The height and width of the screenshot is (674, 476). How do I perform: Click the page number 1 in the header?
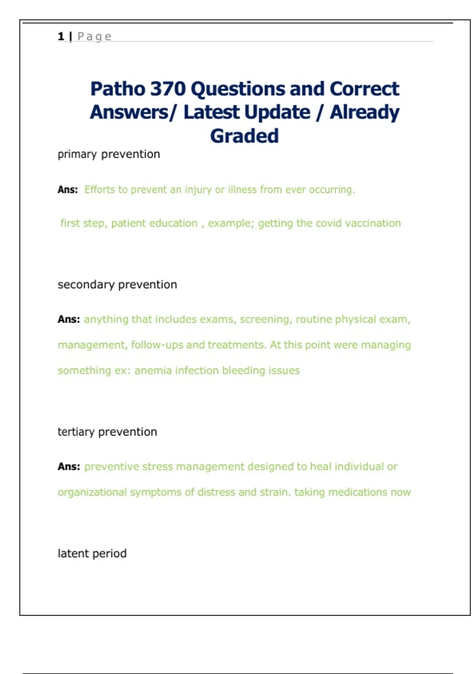pos(61,36)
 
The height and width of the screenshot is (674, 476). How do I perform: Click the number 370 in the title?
pos(168,88)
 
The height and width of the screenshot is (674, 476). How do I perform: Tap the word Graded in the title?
pos(244,136)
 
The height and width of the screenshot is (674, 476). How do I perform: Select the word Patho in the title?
pos(117,88)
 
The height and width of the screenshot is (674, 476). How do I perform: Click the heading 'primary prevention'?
pos(109,154)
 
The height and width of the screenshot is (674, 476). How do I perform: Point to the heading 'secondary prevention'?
pos(117,285)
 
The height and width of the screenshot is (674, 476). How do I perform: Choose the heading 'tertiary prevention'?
pos(107,432)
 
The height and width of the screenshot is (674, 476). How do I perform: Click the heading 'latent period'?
pos(92,553)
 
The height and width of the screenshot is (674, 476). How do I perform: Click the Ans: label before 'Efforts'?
pos(67,190)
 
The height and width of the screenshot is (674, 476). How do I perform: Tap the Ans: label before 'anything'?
pos(68,320)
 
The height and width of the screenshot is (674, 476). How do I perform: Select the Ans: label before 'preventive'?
pos(68,467)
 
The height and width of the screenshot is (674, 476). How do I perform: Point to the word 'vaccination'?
pos(373,223)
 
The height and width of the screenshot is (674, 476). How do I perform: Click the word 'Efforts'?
pos(100,190)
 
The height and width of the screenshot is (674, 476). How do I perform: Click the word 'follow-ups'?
pos(157,345)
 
